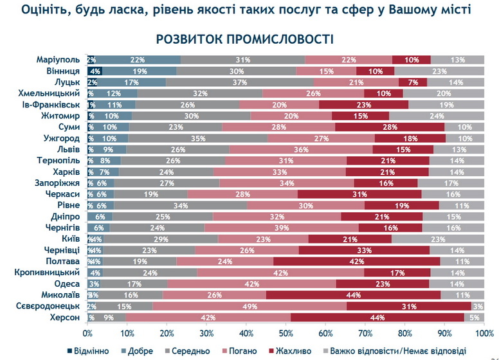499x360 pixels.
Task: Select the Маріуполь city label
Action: pyautogui.click(x=59, y=60)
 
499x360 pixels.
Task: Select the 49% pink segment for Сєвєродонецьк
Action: pyautogui.click(x=249, y=306)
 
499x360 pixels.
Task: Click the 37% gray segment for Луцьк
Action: pyautogui.click(x=240, y=82)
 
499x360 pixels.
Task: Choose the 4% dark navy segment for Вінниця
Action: pyautogui.click(x=95, y=71)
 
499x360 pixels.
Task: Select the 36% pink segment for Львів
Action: pyautogui.click(x=297, y=149)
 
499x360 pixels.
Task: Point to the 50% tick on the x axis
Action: pyautogui.click(x=286, y=332)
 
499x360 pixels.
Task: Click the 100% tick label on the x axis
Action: pyautogui.click(x=483, y=332)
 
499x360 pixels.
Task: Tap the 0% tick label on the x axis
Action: pyautogui.click(x=87, y=332)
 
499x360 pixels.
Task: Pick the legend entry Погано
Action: pyautogui.click(x=237, y=350)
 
